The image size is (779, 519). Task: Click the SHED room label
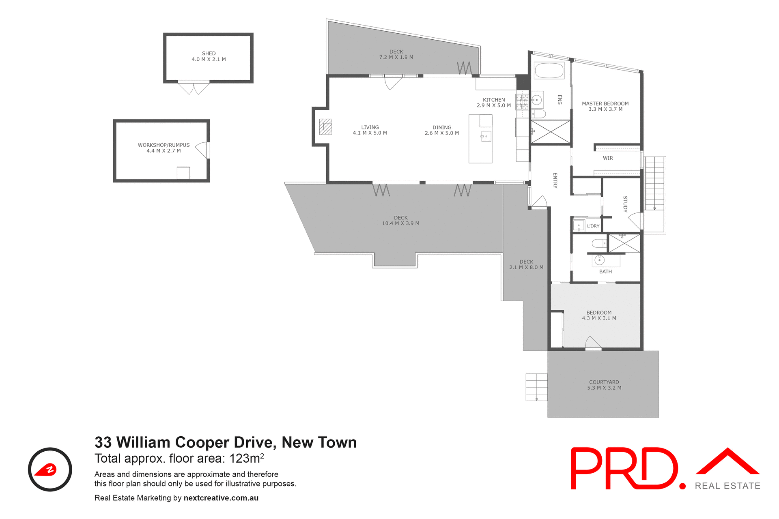[209, 54]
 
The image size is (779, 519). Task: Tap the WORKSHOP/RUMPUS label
[164, 145]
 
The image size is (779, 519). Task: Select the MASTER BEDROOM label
[605, 104]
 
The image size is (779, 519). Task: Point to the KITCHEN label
[494, 100]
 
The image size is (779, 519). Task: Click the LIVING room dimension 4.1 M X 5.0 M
[370, 133]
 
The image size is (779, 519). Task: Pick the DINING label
[442, 127]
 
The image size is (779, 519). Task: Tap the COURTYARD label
[604, 382]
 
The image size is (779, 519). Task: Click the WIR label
[608, 158]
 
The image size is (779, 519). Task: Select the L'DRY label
[593, 226]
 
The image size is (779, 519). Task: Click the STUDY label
[625, 204]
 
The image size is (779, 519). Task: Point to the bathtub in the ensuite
[549, 71]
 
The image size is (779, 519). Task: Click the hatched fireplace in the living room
[325, 127]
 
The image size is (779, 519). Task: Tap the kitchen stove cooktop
[522, 102]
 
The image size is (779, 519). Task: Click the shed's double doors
[194, 88]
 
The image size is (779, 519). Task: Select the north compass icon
[50, 470]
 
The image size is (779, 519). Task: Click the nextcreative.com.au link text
[221, 498]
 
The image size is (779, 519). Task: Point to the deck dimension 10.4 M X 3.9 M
[400, 223]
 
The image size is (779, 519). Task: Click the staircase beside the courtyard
[536, 387]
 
